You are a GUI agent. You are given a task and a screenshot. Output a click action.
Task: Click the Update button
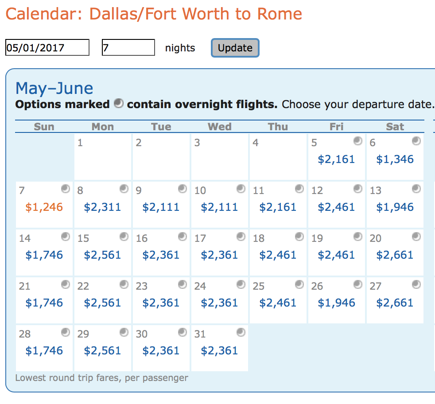pos(235,48)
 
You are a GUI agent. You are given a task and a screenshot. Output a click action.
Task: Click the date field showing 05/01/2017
pos(47,48)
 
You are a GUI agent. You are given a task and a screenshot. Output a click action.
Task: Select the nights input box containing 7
pos(128,48)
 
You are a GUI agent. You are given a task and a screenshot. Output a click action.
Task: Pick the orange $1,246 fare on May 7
pos(44,207)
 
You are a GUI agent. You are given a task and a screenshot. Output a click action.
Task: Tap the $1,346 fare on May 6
pos(395,159)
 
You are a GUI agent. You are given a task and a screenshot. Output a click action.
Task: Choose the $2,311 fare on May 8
pos(102,207)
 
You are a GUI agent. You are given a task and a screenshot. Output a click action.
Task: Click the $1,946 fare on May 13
pos(395,207)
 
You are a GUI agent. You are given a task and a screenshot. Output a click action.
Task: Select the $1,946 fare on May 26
pos(336,303)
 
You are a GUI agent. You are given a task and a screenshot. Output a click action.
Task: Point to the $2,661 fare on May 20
pos(395,255)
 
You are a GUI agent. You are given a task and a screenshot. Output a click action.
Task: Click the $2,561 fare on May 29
pos(102,351)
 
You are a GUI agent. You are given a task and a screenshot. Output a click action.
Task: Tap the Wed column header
pos(220,127)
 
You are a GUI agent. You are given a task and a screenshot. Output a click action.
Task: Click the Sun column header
pos(44,127)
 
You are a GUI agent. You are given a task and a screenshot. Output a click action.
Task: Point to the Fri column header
pos(337,127)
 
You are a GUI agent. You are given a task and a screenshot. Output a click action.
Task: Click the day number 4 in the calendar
pos(256,143)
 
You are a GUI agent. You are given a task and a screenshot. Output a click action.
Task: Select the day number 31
pos(200,334)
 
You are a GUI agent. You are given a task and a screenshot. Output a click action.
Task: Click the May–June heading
pos(54,88)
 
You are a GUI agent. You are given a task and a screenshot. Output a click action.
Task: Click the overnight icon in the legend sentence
pos(118,104)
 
